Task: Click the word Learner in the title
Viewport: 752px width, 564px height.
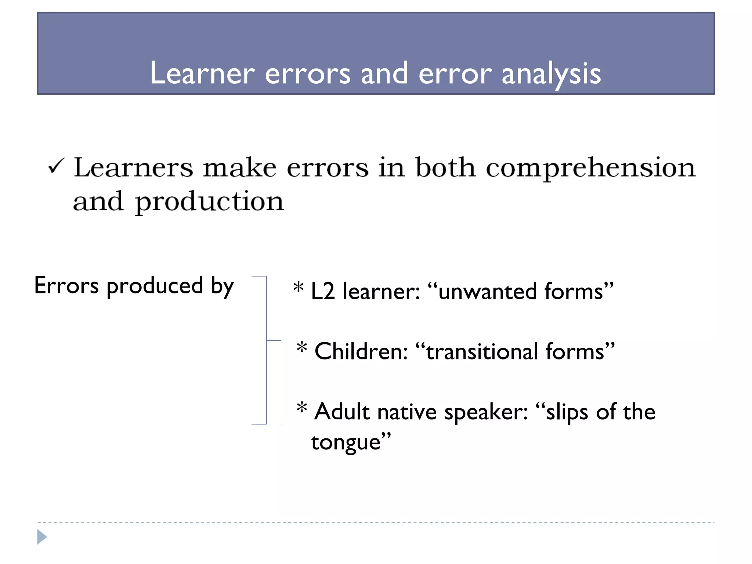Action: pos(202,73)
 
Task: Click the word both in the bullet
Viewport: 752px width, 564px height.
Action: pos(445,167)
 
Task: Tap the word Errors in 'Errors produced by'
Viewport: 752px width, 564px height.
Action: pos(66,286)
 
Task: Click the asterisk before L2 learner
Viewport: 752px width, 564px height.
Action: pos(299,288)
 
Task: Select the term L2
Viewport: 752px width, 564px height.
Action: pos(323,292)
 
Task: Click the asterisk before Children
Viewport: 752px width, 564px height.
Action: pos(302,347)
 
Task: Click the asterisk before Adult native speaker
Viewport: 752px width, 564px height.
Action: pos(302,408)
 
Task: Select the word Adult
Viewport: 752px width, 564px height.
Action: pos(342,411)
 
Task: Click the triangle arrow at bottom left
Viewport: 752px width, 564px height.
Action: pos(42,537)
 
